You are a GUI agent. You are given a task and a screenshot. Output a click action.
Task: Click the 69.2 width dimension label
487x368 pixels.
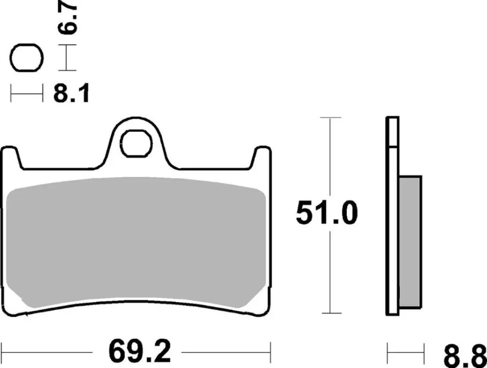[x=139, y=352]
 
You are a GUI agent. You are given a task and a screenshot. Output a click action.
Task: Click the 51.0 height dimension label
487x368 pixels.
[x=326, y=213]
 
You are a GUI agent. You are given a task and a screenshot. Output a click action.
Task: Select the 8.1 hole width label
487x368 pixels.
[x=71, y=94]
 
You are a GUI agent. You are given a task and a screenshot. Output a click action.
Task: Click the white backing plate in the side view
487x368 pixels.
[x=392, y=221]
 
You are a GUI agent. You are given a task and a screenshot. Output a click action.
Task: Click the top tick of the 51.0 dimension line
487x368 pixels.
[x=330, y=118]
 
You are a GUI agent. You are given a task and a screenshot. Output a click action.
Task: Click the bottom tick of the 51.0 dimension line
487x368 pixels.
[x=331, y=314]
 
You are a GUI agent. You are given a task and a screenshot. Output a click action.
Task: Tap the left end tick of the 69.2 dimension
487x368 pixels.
[x=3, y=352]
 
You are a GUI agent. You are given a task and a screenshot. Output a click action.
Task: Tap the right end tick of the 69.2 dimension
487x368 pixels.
[x=270, y=352]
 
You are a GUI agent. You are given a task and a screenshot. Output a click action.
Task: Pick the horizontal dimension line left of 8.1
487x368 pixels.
[x=27, y=95]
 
